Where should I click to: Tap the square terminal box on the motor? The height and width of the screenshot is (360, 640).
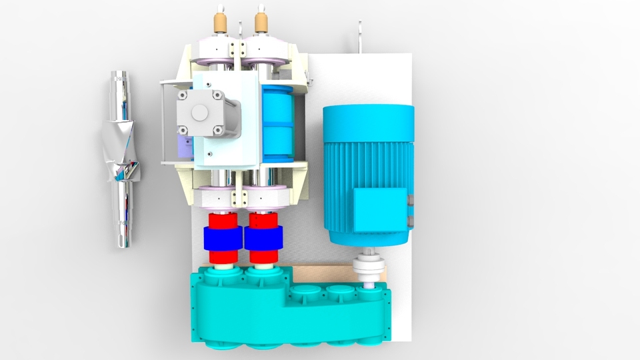coord(379,209)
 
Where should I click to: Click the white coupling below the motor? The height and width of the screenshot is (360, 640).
coord(369,268)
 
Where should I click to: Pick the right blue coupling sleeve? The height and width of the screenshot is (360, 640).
coord(264,239)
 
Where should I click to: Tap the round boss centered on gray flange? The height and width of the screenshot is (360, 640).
coord(199,113)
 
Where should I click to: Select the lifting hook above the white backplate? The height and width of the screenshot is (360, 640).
coord(360,37)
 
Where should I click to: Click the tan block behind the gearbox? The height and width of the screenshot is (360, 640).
coord(321,273)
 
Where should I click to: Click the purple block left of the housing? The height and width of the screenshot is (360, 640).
coord(181,144)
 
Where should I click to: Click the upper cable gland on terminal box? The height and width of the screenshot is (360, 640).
coord(410,199)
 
